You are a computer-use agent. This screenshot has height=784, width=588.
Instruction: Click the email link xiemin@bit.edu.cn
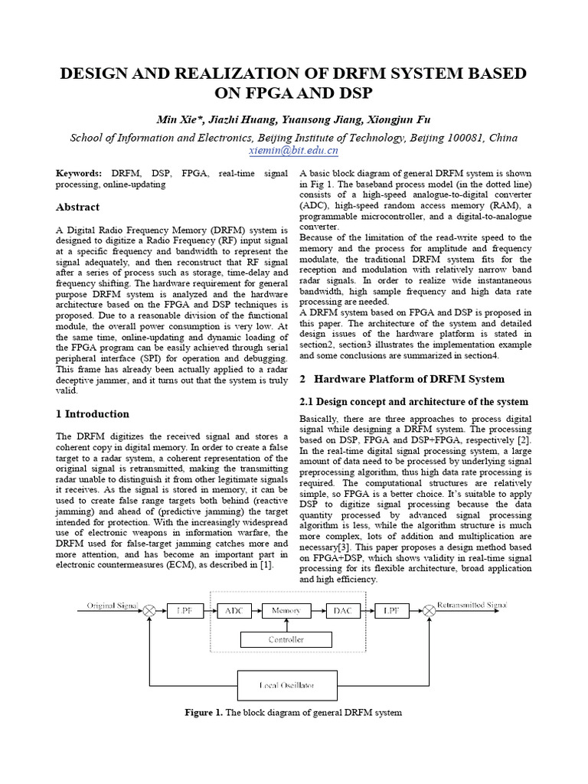[294, 152]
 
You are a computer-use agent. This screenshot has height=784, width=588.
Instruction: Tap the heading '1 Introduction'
[93, 413]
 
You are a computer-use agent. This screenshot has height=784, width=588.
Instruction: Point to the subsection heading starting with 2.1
[413, 402]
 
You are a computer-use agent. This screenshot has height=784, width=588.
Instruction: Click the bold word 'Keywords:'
[79, 174]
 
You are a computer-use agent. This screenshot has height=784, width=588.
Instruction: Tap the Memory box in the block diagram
[286, 610]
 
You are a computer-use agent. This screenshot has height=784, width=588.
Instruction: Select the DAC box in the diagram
[341, 610]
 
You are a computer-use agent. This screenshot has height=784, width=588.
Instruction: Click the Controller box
[286, 639]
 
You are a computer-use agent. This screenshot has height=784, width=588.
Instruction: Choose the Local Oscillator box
[286, 684]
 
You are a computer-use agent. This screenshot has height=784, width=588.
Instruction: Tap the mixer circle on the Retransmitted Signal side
[430, 610]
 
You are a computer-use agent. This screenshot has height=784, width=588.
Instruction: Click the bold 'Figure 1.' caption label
[204, 713]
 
